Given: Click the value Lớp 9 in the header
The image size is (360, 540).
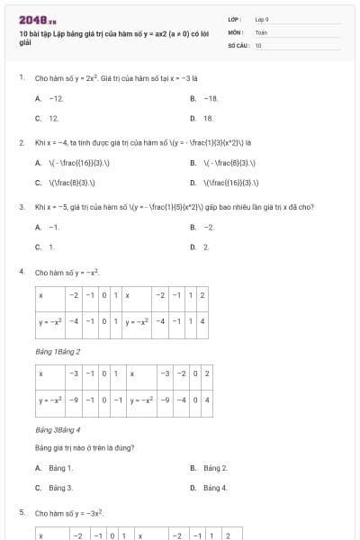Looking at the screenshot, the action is (262, 19).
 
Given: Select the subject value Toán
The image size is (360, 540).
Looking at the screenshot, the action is (261, 31).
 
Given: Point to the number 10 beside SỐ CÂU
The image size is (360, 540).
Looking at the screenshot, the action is (258, 44).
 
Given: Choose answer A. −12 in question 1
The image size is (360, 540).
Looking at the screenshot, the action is (49, 97).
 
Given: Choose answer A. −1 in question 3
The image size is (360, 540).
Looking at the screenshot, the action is (48, 228).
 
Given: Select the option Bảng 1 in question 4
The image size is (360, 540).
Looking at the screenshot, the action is (55, 468).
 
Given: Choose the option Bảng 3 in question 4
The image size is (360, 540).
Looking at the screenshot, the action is (55, 488).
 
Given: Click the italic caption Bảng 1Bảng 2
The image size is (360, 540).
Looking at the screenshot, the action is (58, 351).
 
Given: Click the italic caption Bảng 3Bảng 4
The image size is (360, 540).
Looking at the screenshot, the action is (58, 430).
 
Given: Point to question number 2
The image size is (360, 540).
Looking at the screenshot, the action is (21, 142).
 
